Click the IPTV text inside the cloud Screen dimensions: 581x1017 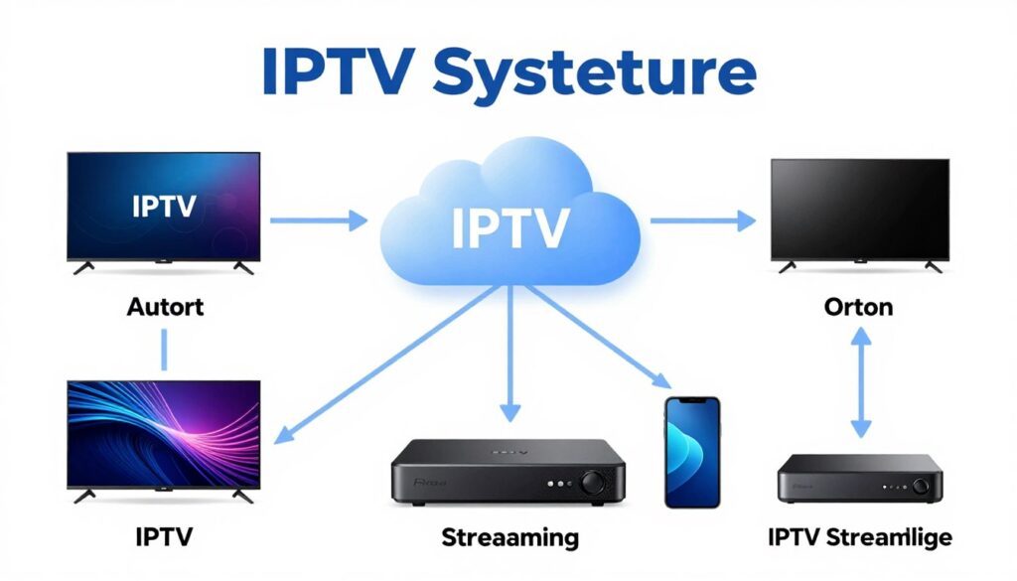(509, 227)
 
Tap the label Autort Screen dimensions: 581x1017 (165, 307)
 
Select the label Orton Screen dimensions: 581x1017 (858, 307)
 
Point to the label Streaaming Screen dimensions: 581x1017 (509, 538)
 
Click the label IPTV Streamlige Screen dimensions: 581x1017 (860, 538)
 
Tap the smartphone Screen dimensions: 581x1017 (691, 452)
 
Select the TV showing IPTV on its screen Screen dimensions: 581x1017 (163, 207)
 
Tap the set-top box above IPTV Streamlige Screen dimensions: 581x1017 (859, 478)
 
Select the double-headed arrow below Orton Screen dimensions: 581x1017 (860, 383)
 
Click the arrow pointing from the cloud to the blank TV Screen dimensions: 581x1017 (702, 221)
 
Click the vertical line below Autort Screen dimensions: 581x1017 (165, 350)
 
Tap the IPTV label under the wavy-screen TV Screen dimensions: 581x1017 (164, 538)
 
